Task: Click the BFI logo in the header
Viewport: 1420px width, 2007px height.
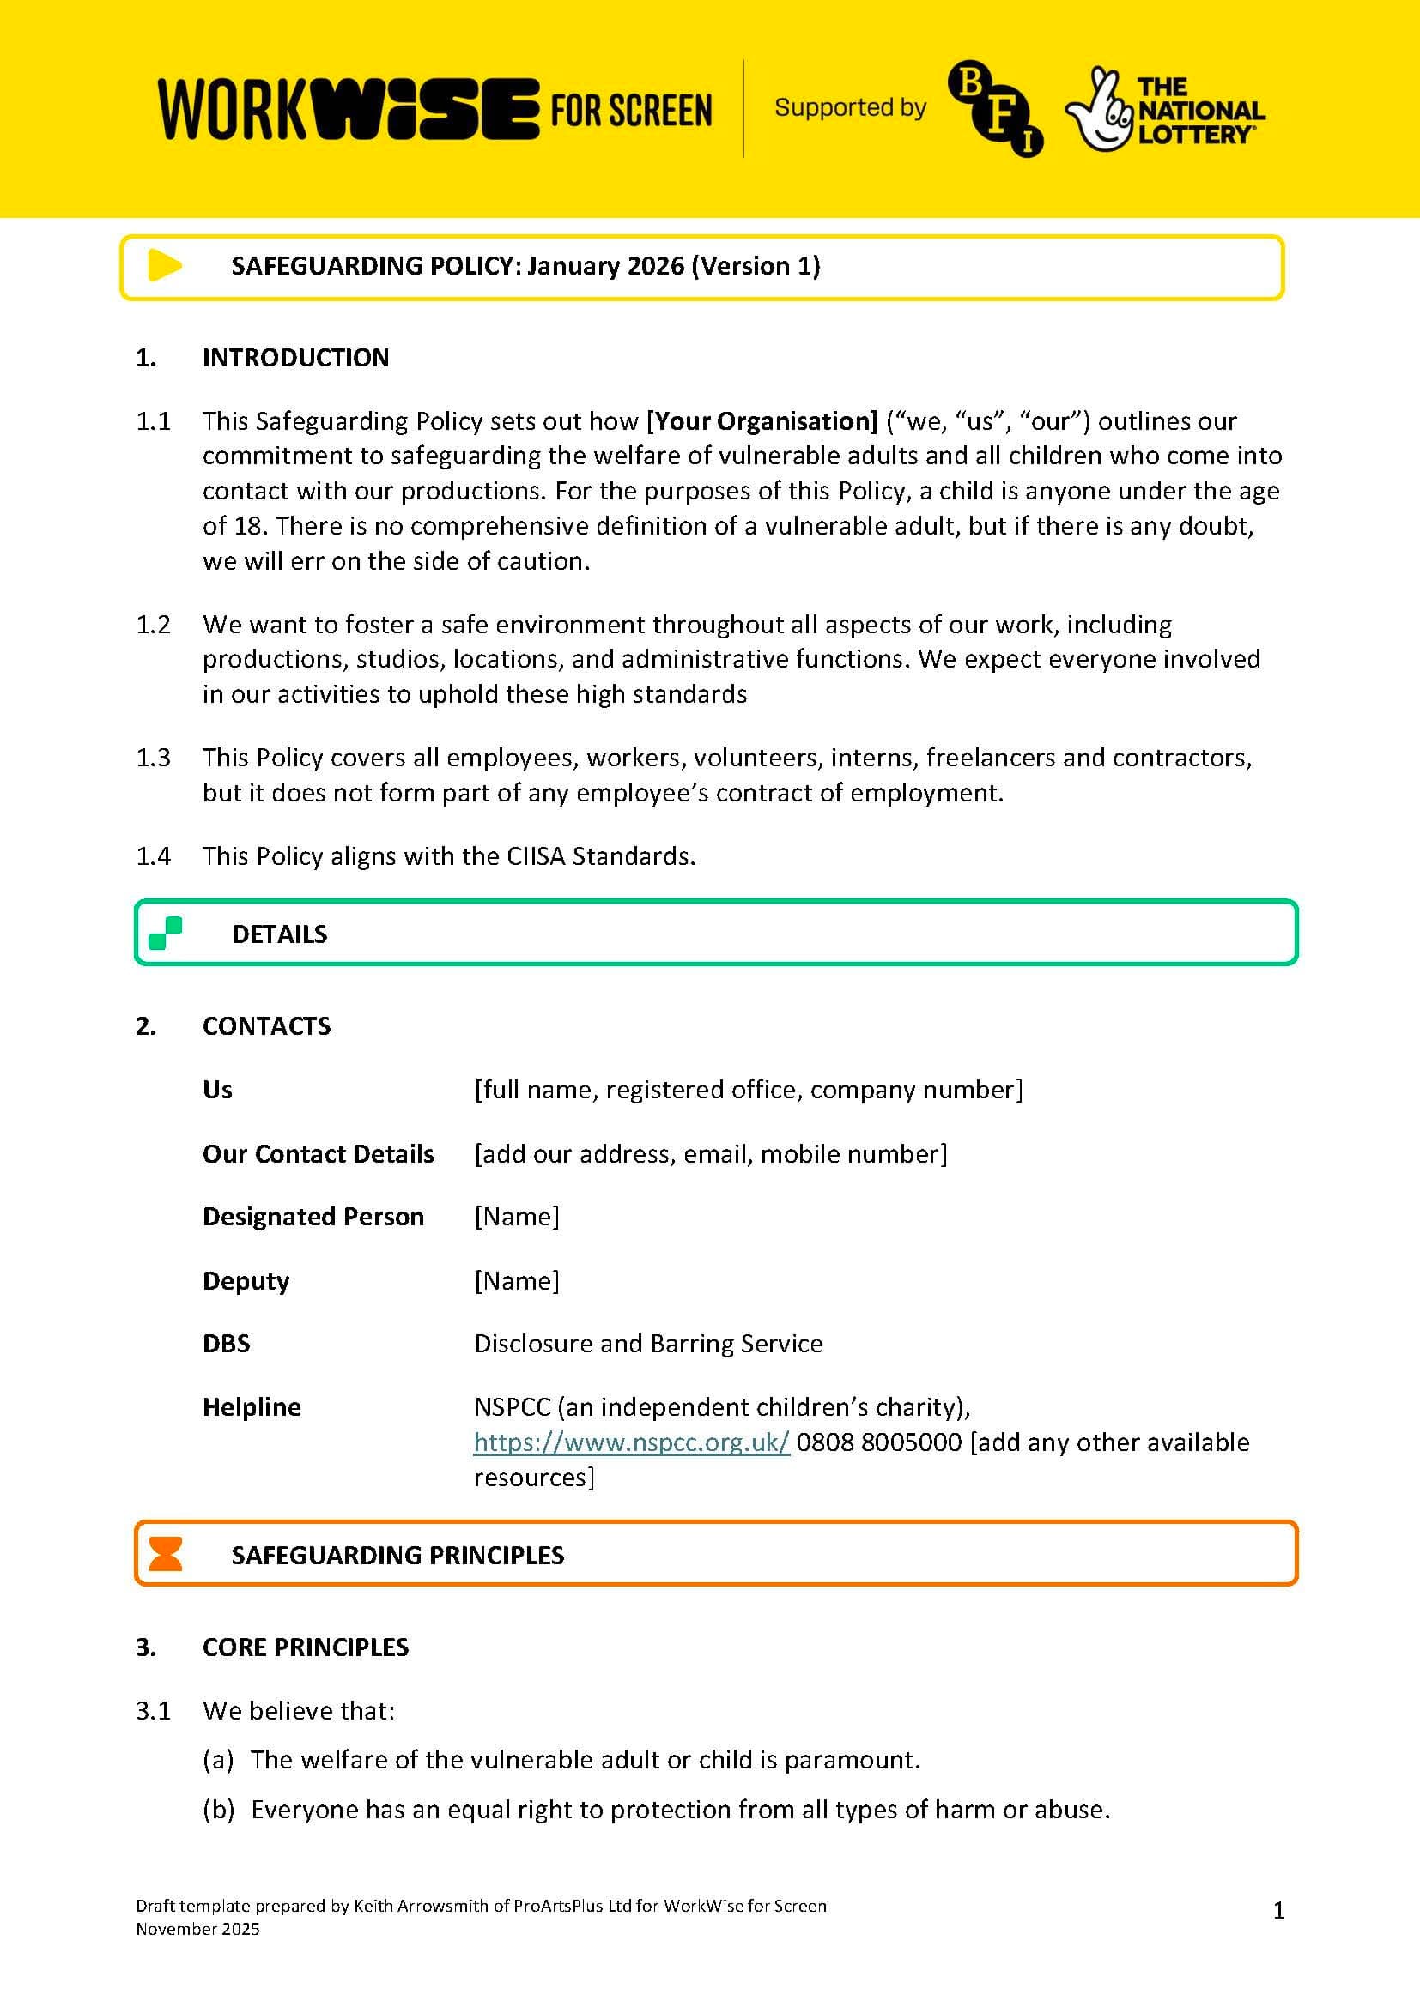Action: [x=995, y=108]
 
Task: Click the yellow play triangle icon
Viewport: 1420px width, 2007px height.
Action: [x=164, y=266]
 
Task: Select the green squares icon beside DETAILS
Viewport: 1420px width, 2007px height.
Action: [x=165, y=933]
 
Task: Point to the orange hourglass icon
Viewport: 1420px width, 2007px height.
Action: [x=165, y=1553]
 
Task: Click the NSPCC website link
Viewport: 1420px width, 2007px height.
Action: [x=631, y=1442]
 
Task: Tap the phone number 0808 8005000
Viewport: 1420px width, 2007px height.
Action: [x=879, y=1442]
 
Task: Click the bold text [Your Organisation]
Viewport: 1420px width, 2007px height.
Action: [x=762, y=421]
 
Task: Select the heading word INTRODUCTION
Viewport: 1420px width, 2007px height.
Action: [x=295, y=358]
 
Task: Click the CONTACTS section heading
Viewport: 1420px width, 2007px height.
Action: [x=267, y=1025]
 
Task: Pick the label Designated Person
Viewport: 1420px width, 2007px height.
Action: [x=313, y=1216]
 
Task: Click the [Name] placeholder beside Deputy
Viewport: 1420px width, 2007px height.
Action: [x=517, y=1280]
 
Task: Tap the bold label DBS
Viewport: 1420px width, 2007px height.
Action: [x=227, y=1343]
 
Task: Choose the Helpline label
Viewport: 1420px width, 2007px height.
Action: [x=252, y=1406]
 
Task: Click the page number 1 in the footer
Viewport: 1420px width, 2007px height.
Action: [x=1278, y=1911]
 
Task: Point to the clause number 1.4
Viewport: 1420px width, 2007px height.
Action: [x=153, y=855]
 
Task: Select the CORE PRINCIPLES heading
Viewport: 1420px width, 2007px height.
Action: [x=305, y=1647]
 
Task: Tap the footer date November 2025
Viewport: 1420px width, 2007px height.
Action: [x=197, y=1929]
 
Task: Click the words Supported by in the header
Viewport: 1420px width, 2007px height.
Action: [x=850, y=107]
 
